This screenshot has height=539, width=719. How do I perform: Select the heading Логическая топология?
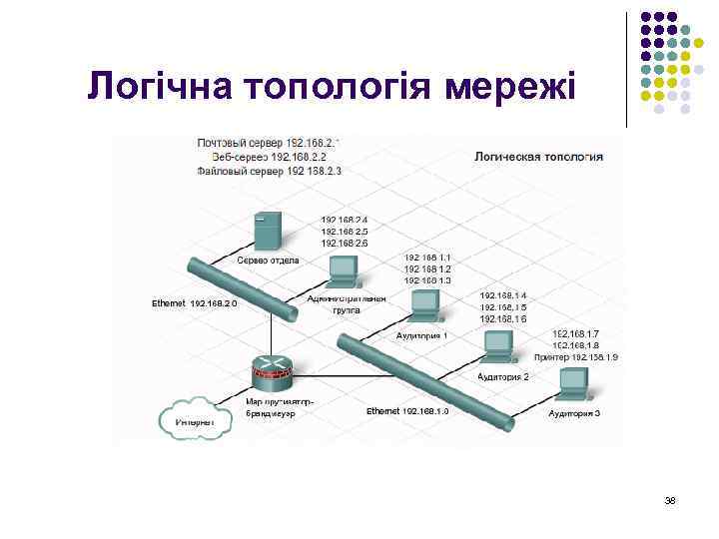coord(537,156)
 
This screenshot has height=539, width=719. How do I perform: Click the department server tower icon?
coord(268,232)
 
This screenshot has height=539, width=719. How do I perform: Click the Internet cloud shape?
coord(195,418)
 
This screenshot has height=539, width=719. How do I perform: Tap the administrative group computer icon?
coord(343,268)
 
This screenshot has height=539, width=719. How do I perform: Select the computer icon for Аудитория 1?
coord(422,310)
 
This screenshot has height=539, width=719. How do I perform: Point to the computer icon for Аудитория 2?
coord(498,345)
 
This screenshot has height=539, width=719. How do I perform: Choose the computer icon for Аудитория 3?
coord(573,383)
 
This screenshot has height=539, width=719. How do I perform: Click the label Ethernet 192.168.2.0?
coord(194,302)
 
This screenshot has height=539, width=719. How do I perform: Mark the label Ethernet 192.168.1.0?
coord(407,410)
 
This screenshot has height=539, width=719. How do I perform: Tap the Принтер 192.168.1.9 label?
coord(576,356)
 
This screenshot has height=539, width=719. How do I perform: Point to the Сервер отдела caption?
coord(269,261)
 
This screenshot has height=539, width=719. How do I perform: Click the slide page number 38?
coord(670,500)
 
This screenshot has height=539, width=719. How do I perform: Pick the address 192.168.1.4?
coord(503,295)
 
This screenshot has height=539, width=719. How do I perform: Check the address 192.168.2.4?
coord(344,220)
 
